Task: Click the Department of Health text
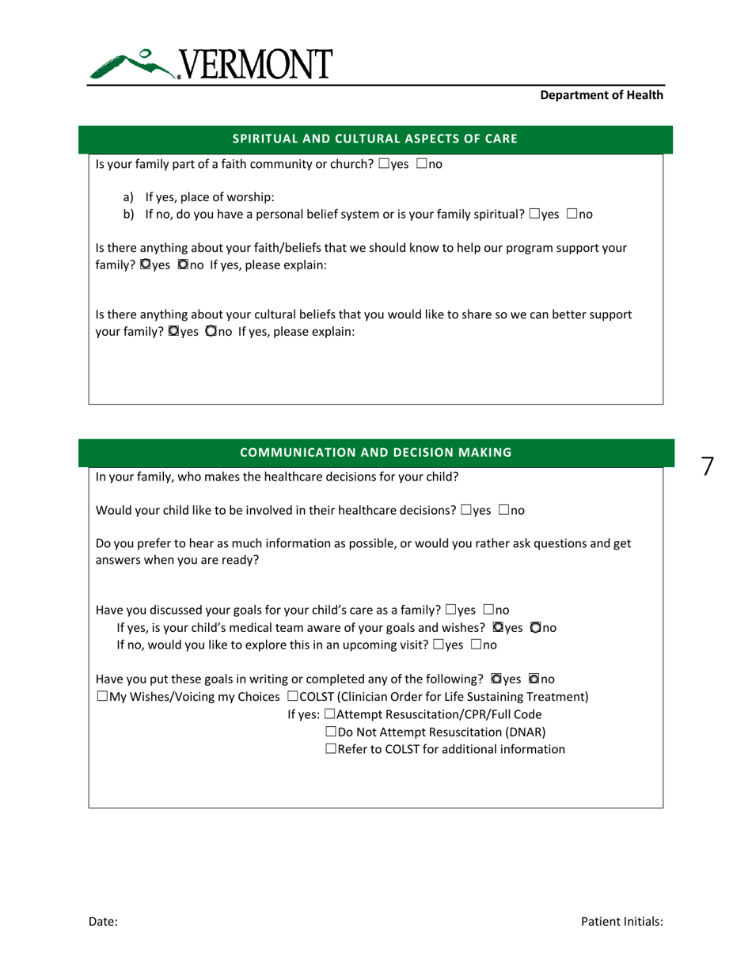tap(601, 95)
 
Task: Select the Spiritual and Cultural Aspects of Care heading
tap(374, 139)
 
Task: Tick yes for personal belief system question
tap(535, 214)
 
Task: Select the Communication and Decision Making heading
tap(374, 452)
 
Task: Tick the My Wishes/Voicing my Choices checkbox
tap(101, 697)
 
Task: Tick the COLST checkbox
tap(293, 697)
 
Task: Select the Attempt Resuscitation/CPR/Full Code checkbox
tap(330, 714)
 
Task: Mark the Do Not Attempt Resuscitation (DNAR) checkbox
tap(330, 732)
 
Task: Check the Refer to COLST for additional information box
tap(330, 748)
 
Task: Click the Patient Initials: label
tap(621, 922)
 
